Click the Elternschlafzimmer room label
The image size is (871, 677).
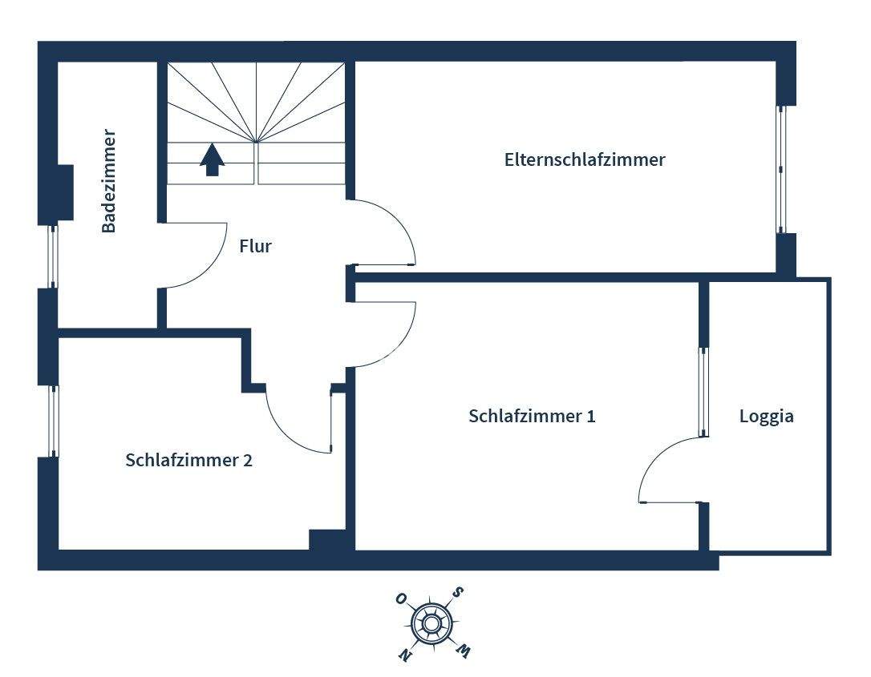pos(585,159)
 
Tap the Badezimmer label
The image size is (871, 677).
pos(109,181)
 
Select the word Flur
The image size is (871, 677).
pos(255,246)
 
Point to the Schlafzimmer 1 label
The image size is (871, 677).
pos(532,417)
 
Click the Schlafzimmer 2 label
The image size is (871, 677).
pos(188,461)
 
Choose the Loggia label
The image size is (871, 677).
pos(766,417)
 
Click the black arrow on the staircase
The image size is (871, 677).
pos(212,159)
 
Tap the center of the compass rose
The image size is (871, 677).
pos(431,623)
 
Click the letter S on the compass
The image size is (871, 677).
pos(458,593)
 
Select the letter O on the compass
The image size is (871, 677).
pos(400,598)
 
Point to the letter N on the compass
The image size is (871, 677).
pos(406,655)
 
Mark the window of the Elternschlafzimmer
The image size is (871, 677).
pos(780,168)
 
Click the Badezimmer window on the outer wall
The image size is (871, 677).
pos(53,256)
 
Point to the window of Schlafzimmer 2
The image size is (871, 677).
pos(53,421)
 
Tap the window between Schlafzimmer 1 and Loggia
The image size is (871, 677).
pos(703,392)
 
